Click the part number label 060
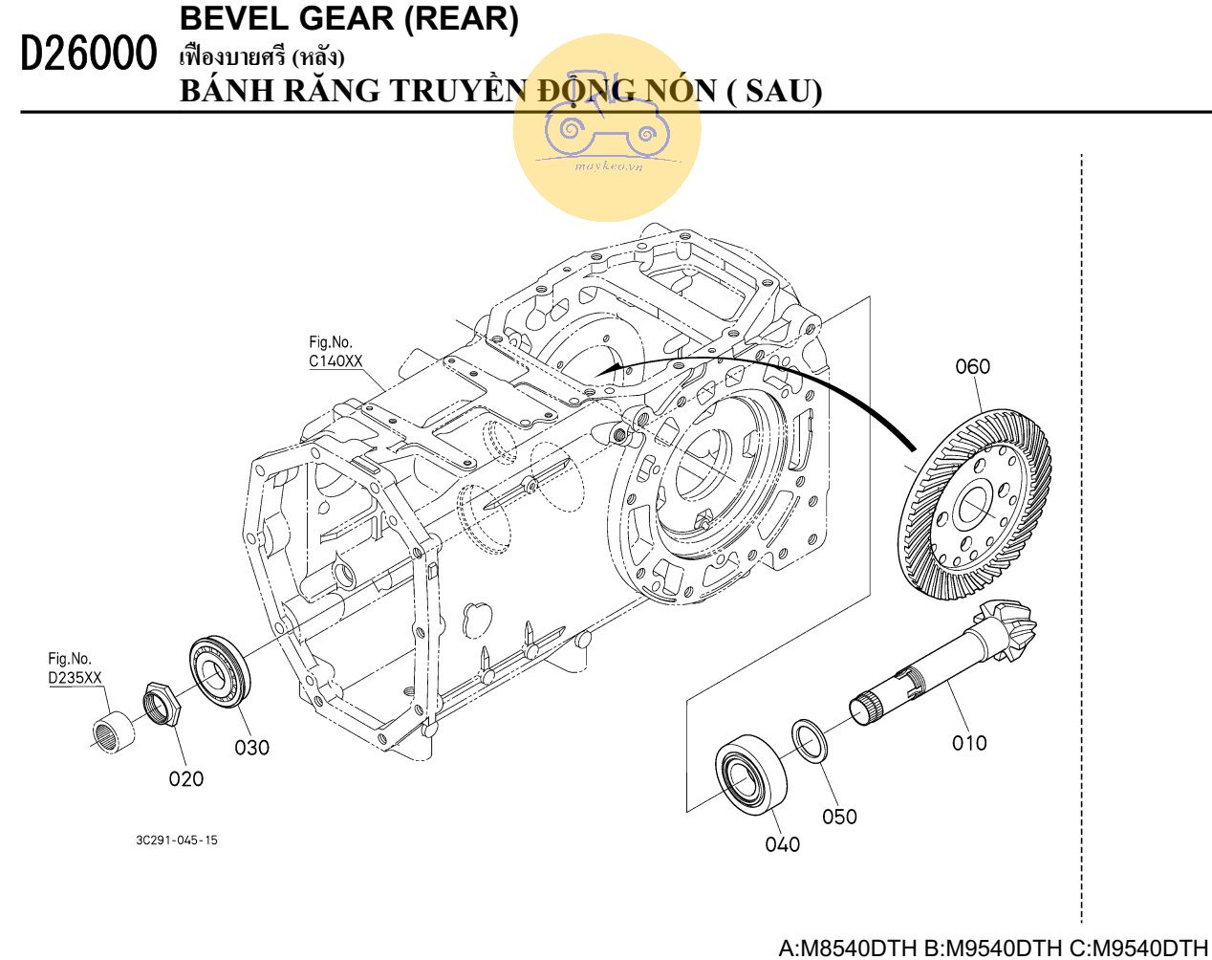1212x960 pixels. tap(973, 366)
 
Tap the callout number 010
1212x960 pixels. tap(968, 742)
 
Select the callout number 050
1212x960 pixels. tap(839, 816)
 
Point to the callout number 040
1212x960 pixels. tap(782, 843)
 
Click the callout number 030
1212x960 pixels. tap(252, 747)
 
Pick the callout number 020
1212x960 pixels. tap(186, 778)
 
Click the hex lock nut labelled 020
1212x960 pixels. tap(162, 707)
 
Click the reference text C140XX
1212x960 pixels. tap(335, 361)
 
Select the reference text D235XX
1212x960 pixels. tap(75, 678)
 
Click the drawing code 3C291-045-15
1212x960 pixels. tap(176, 840)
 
